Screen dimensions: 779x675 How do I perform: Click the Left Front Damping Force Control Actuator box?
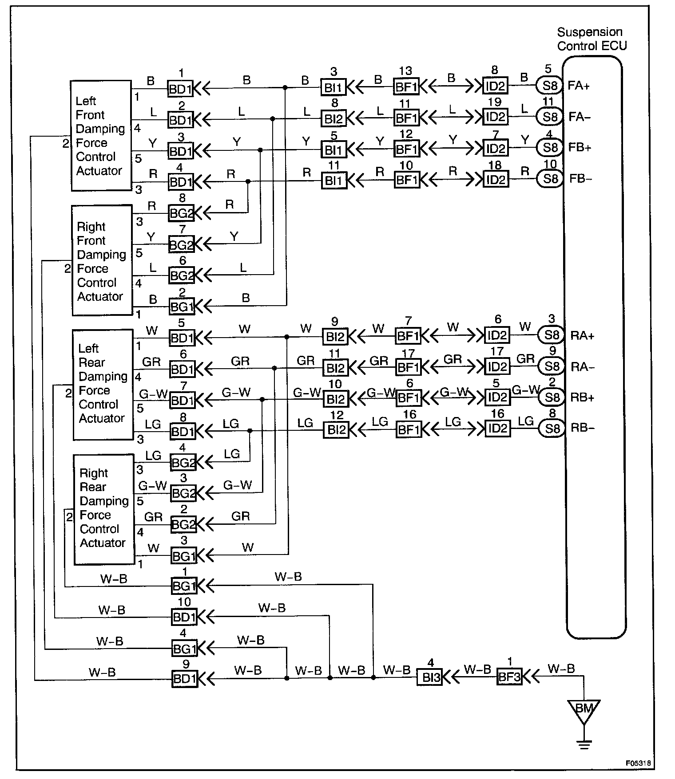[101, 136]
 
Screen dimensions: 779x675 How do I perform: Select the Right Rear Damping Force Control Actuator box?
[104, 509]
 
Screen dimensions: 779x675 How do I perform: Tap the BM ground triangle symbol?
[584, 709]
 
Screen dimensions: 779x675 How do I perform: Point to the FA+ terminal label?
[579, 86]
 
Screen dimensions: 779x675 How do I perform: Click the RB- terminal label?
[582, 428]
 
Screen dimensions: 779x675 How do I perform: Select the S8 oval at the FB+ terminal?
[550, 148]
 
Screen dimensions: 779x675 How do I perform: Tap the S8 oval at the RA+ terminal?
[552, 335]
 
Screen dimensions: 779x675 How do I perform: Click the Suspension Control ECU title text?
[592, 39]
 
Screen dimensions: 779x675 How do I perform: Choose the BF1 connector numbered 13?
[406, 87]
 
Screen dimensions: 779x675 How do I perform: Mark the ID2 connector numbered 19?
[496, 117]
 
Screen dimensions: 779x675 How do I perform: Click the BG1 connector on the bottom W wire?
[183, 556]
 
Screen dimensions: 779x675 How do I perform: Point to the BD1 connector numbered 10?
[184, 617]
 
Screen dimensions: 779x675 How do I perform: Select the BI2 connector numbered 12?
[336, 429]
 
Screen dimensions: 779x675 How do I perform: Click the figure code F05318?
[638, 763]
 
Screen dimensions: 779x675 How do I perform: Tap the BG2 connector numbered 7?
[182, 244]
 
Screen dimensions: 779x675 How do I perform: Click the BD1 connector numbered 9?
[184, 679]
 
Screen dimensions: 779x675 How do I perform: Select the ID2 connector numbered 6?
[497, 335]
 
